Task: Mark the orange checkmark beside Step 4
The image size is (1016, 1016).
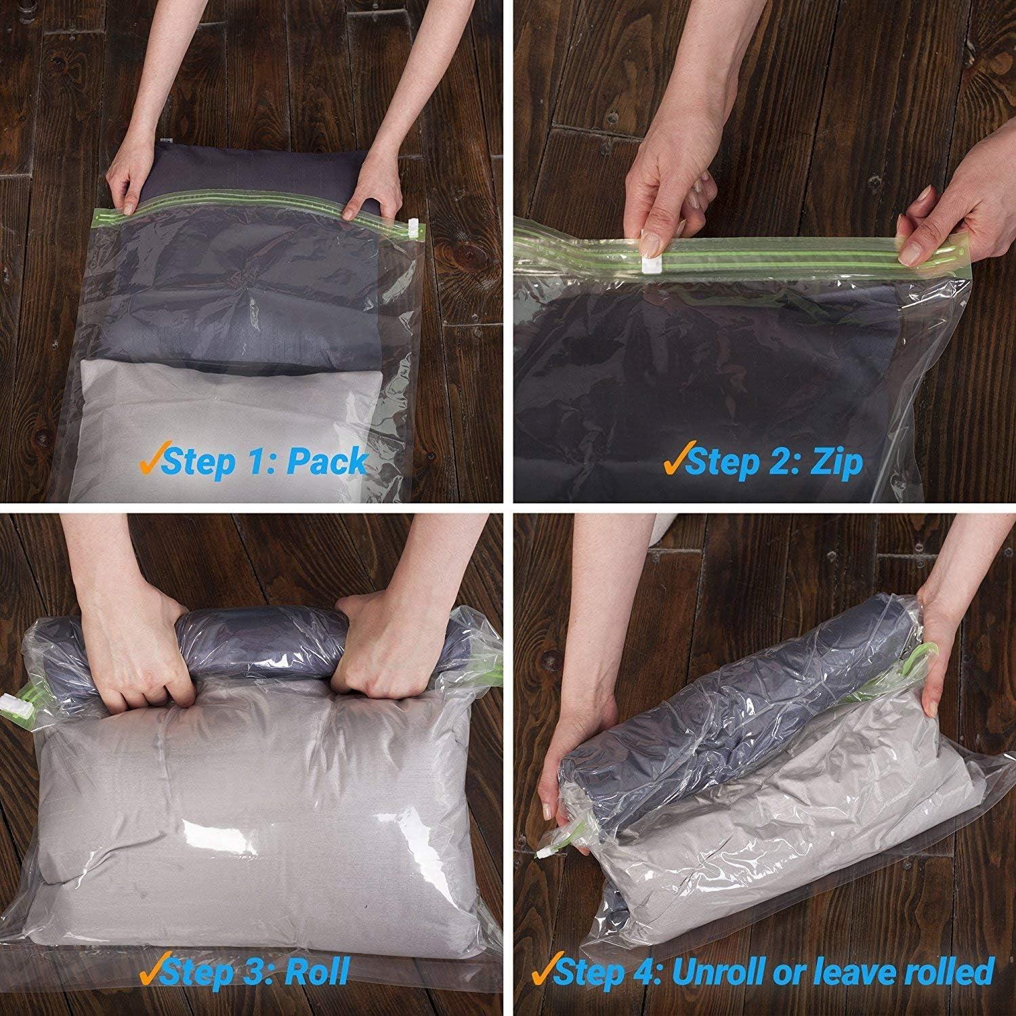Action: [543, 969]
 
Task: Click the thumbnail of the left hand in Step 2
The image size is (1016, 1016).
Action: [652, 240]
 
